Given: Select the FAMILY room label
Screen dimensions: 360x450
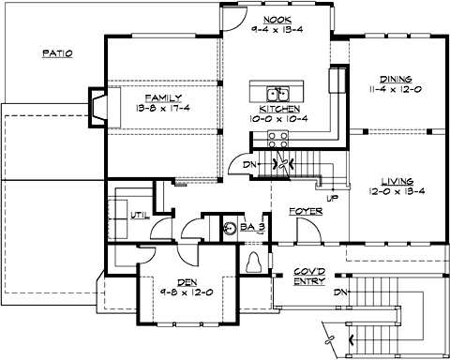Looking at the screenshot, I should [161, 97].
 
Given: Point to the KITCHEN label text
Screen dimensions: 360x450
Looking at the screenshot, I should [271, 110].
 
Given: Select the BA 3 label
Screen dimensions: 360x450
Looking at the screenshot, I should [252, 226].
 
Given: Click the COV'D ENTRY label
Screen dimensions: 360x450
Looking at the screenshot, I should [310, 275].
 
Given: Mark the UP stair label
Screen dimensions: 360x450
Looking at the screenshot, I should [332, 198].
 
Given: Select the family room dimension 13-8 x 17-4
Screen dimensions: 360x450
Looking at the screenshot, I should [162, 109].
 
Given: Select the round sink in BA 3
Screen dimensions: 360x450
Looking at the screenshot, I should [229, 225].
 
